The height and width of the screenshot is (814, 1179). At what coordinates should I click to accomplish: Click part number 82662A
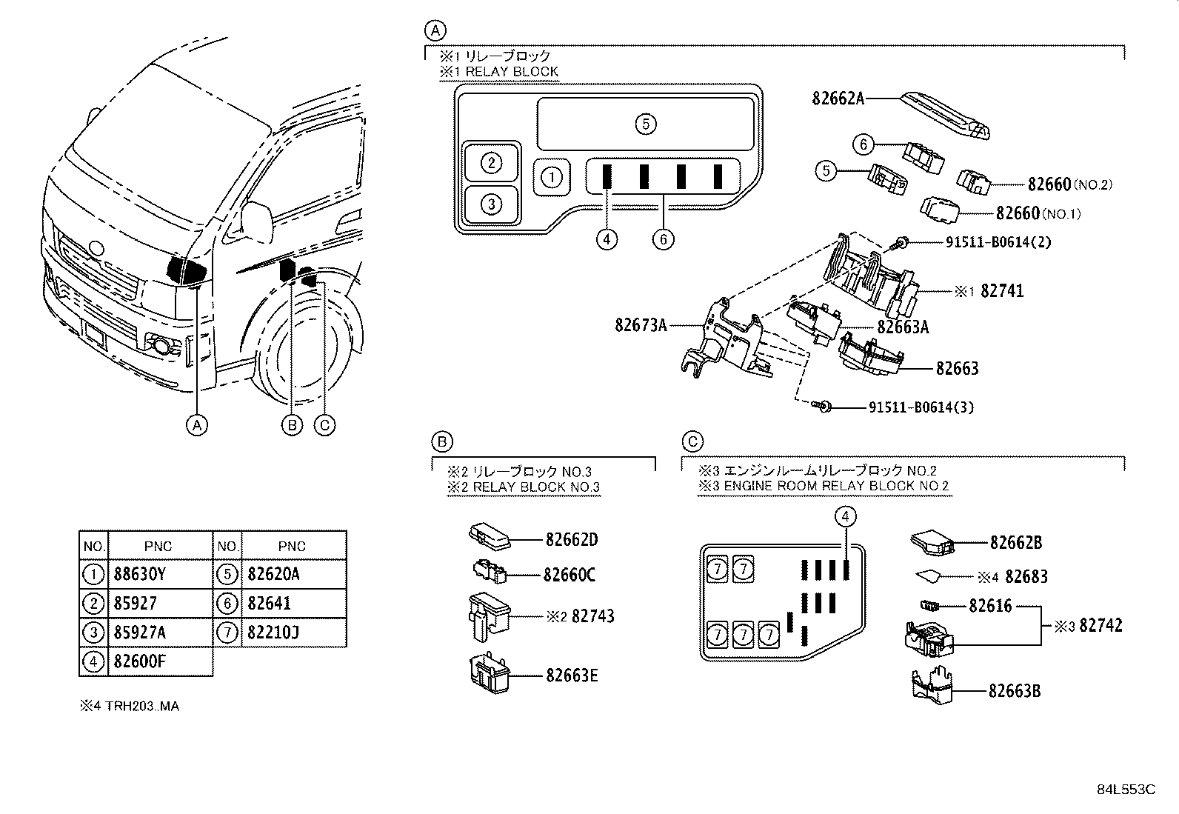(838, 99)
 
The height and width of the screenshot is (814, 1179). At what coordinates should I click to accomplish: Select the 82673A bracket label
(641, 325)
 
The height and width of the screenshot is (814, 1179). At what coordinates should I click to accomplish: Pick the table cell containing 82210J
(273, 632)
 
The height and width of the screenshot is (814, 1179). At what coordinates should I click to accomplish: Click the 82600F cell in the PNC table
(139, 661)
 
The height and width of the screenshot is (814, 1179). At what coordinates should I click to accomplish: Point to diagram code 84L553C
(1126, 790)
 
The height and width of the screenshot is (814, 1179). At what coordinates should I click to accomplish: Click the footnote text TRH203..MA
(142, 706)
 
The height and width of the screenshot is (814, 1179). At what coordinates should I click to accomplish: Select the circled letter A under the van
(197, 425)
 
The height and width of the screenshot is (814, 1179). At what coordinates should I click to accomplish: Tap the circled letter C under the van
(324, 425)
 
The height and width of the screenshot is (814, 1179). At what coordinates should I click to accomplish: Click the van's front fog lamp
(161, 345)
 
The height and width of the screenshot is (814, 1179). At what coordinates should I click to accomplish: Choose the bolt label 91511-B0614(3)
(921, 407)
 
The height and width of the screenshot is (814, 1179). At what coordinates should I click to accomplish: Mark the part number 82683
(1026, 576)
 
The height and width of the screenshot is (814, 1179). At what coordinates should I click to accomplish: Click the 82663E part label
(572, 675)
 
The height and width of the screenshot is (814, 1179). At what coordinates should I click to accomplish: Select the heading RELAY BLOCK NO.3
(536, 487)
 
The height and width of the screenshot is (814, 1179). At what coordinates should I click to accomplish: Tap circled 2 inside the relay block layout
(492, 163)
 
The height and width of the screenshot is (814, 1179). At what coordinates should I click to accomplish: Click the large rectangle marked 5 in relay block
(646, 124)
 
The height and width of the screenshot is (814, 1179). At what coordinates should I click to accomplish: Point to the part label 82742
(1100, 625)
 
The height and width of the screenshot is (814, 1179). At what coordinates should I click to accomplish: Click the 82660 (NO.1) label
(1038, 213)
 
